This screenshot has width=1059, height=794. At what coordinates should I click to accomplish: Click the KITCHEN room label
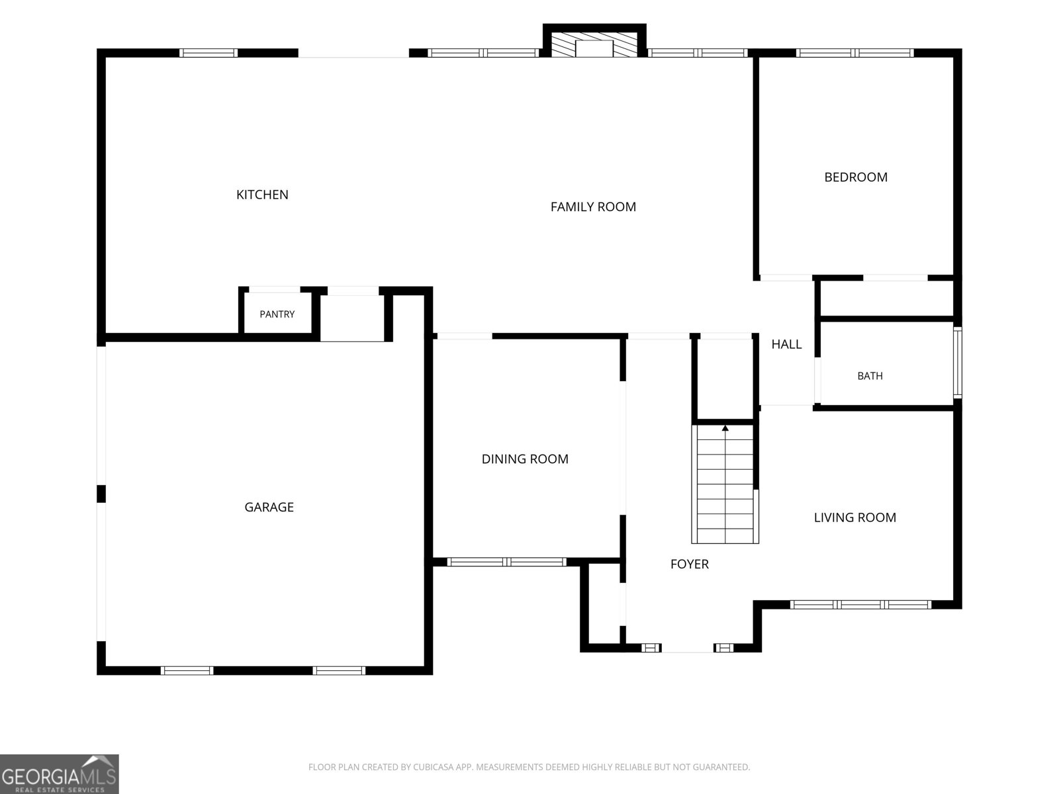point(262,195)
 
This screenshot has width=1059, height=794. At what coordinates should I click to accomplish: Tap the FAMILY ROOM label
point(593,207)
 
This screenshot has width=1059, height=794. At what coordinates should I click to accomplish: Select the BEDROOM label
point(855,177)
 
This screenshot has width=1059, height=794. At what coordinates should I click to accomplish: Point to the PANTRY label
point(277,314)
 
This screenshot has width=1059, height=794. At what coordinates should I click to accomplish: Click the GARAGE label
point(269,507)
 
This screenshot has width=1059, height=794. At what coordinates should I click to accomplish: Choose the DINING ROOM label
point(525,459)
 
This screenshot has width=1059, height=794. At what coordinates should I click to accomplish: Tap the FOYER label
point(690,564)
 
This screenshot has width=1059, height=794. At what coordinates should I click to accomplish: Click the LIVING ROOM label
point(855,517)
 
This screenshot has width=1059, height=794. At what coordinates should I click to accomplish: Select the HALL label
point(786,344)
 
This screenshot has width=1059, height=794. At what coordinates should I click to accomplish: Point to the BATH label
point(870,376)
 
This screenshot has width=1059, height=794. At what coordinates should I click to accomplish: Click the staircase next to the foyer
point(725,484)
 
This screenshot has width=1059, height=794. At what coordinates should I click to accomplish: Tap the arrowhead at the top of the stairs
point(725,427)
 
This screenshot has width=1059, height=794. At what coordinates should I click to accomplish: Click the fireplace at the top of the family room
point(594,44)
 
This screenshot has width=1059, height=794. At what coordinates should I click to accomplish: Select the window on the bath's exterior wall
point(958,363)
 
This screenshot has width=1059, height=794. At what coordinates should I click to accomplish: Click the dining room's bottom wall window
point(506,562)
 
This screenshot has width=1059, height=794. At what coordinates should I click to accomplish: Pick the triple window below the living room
point(860,605)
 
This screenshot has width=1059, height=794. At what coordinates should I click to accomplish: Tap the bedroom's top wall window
point(854,53)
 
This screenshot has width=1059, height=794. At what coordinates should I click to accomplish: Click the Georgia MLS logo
point(60,774)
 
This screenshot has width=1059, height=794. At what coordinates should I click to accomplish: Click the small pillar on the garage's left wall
point(101,494)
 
